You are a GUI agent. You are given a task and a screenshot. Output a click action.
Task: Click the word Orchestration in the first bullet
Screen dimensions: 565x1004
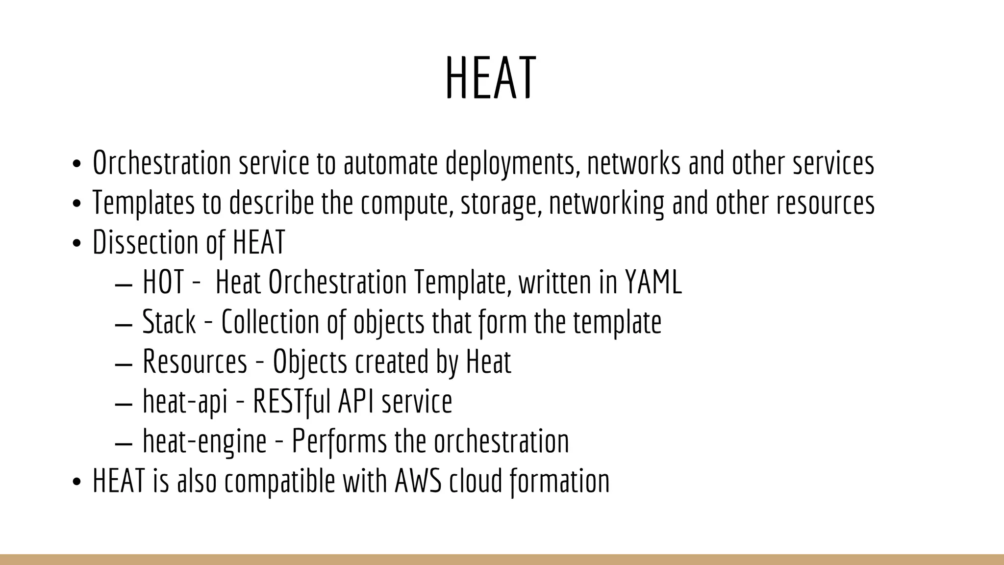tap(162, 163)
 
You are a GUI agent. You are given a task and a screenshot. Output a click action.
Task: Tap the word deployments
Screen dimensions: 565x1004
tap(510, 163)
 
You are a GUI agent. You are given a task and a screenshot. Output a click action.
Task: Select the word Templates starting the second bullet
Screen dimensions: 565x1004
tap(144, 203)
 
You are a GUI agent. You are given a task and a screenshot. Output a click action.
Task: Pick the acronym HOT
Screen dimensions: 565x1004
tap(163, 282)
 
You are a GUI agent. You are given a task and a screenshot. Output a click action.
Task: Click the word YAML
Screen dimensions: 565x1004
tap(653, 282)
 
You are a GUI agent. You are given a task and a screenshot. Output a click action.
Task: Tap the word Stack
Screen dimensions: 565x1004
tap(169, 322)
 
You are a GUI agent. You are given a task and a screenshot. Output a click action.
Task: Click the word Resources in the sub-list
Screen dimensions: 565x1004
tap(195, 362)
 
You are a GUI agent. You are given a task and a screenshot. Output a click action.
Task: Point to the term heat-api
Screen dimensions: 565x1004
tap(185, 402)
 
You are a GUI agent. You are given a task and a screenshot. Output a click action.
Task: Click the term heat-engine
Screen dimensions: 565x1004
tap(204, 441)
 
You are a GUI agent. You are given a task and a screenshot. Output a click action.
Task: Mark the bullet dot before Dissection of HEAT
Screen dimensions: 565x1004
tap(76, 244)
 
